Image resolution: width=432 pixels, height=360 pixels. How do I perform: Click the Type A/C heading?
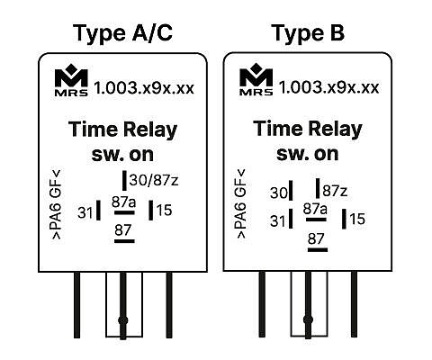pos(122,33)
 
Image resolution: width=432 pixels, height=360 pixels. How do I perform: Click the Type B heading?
pos(308,33)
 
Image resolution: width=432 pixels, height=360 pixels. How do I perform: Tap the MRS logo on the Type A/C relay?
pos(71,80)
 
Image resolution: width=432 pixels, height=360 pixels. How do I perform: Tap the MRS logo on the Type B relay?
pos(256,79)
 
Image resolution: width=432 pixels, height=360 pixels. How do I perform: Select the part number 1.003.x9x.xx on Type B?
pos(329,87)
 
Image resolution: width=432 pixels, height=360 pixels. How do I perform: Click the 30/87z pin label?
pos(154,180)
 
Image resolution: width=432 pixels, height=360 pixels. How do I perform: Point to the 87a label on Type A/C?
pos(123,202)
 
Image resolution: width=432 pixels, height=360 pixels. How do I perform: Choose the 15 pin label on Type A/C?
pos(164,210)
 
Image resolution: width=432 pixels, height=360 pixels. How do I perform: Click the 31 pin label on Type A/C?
pos(85,212)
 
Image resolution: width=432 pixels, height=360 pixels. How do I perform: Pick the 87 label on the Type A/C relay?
pos(123,230)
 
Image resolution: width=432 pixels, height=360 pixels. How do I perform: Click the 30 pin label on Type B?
pos(279,193)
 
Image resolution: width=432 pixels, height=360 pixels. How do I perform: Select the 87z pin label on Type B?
pos(335,191)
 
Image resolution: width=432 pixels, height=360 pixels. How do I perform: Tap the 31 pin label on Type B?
pos(278,221)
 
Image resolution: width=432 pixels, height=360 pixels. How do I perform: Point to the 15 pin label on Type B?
pos(357,219)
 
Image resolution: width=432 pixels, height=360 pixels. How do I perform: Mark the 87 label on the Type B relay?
pos(316,238)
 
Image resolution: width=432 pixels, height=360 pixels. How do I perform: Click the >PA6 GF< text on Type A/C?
pos(57,204)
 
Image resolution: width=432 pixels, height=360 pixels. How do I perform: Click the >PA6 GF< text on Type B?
pos(241,204)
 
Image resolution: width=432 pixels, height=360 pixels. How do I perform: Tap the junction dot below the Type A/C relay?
pos(123,320)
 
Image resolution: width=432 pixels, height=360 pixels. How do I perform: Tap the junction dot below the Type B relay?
pos(308,319)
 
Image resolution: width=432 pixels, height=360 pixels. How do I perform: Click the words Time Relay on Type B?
pos(308,129)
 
